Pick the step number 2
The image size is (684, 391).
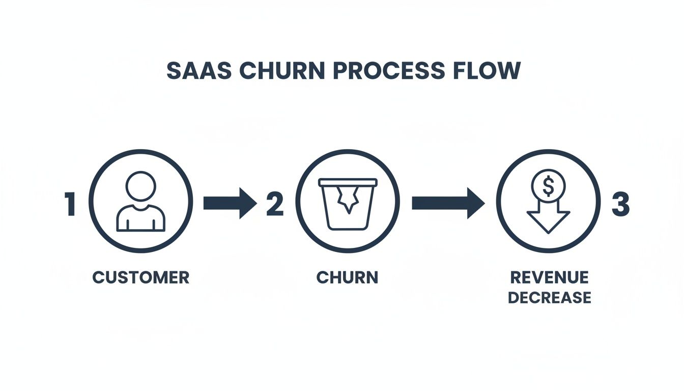pyautogui.click(x=274, y=204)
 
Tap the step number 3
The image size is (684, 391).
pyautogui.click(x=620, y=204)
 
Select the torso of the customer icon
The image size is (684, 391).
pyautogui.click(x=141, y=218)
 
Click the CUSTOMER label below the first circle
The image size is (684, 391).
pyautogui.click(x=141, y=277)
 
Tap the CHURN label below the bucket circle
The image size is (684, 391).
pyautogui.click(x=347, y=277)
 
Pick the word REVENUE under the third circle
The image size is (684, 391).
pyautogui.click(x=549, y=277)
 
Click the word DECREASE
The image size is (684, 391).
pyautogui.click(x=550, y=297)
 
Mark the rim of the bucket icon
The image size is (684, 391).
pyautogui.click(x=348, y=181)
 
